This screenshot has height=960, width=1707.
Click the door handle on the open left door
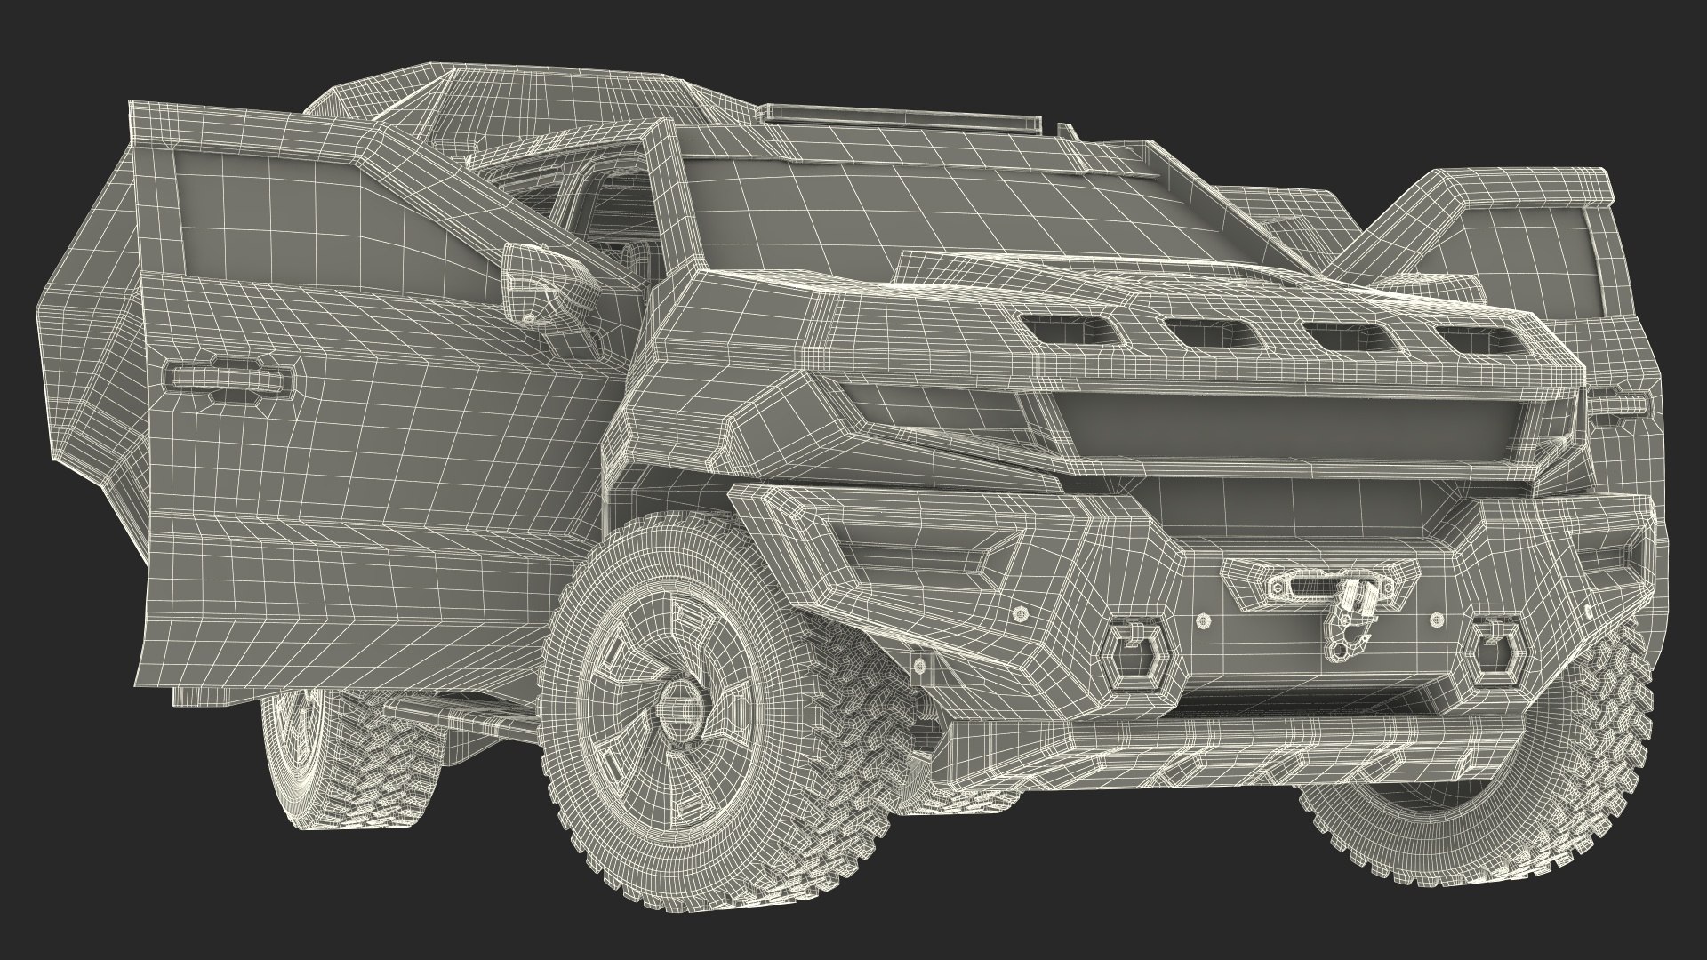pyautogui.click(x=229, y=379)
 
